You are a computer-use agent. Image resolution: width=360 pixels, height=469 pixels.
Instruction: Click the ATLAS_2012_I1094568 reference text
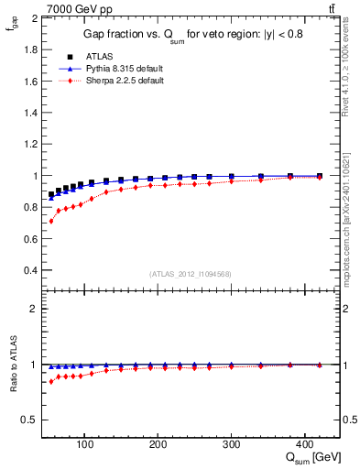[x=191, y=274]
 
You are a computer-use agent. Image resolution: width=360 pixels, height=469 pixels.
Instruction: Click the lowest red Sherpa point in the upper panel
[x=51, y=221]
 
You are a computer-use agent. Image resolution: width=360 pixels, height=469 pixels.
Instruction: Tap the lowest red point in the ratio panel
[x=51, y=381]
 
